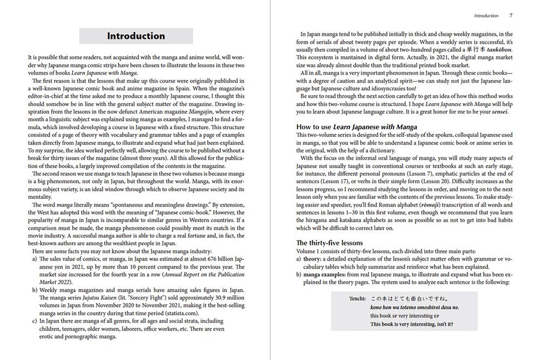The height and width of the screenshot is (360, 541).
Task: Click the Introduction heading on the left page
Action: tap(136, 36)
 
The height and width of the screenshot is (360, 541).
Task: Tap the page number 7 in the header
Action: tap(511, 16)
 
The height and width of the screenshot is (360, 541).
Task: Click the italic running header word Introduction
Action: tap(486, 16)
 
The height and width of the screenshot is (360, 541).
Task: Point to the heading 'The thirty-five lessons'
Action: tap(329, 243)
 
